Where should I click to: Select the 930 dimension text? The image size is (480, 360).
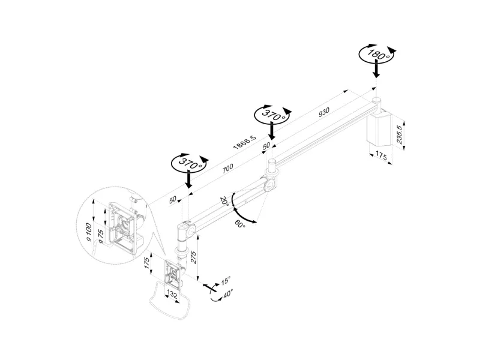[x=324, y=112]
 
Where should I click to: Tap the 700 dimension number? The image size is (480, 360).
[x=227, y=169]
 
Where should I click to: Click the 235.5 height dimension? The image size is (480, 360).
[x=399, y=134]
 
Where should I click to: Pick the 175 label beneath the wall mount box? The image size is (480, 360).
[x=381, y=156]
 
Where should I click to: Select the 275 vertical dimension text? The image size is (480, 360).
[x=193, y=256]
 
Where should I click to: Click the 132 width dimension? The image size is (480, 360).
[x=172, y=295]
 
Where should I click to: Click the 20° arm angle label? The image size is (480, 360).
[x=224, y=201]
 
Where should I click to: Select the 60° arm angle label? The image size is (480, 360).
[x=240, y=224]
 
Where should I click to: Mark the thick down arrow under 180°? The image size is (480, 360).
[x=377, y=68]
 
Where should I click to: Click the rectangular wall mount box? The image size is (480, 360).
[x=379, y=128]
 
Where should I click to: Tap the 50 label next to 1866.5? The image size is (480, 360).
[x=266, y=146]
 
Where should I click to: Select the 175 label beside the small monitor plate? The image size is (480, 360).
[x=146, y=263]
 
